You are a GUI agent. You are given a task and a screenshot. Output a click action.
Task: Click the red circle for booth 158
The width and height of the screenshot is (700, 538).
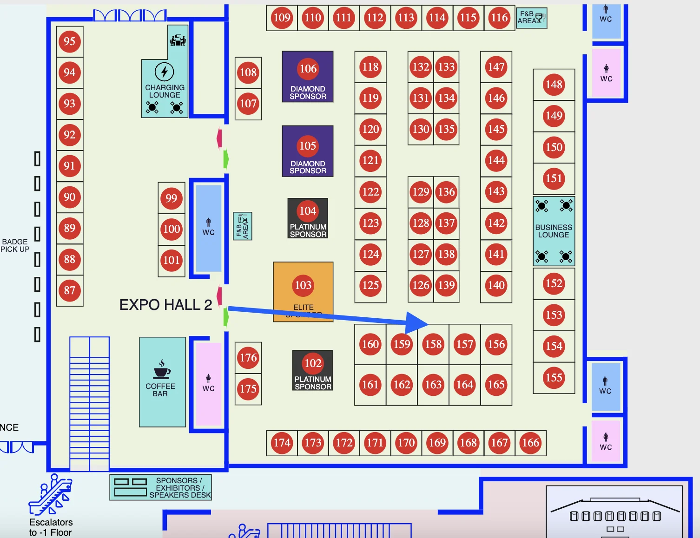pos(433,344)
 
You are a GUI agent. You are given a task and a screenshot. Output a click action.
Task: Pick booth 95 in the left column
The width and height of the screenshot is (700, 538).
pos(70,41)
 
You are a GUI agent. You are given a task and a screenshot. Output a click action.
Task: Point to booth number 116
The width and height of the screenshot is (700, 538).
pos(499,18)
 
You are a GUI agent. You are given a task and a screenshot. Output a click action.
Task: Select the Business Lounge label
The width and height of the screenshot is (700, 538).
pos(554,231)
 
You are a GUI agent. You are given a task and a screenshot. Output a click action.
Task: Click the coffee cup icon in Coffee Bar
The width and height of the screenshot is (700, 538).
pos(161,370)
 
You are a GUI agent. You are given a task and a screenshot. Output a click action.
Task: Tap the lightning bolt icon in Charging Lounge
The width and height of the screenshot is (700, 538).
pos(164,72)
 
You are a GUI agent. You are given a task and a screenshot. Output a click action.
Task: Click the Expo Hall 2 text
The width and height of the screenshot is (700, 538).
pos(165,305)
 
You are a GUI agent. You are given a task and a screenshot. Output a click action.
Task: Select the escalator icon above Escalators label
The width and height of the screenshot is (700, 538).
pos(51,495)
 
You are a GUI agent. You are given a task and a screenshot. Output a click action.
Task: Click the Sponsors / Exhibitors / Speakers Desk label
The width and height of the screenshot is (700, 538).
pos(179,487)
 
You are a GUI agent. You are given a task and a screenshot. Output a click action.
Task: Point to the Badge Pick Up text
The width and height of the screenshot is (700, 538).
pos(15,245)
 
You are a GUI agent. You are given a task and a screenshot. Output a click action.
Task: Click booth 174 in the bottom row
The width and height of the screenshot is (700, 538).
pos(282,443)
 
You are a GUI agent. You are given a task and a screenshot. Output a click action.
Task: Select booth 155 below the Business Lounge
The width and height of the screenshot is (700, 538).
pos(554,378)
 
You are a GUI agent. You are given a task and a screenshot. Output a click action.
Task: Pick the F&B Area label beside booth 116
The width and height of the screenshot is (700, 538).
pos(531,18)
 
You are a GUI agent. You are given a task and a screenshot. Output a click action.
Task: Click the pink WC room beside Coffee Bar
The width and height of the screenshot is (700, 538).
pos(208,384)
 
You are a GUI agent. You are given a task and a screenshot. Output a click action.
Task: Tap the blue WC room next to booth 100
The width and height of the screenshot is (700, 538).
pos(208,228)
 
